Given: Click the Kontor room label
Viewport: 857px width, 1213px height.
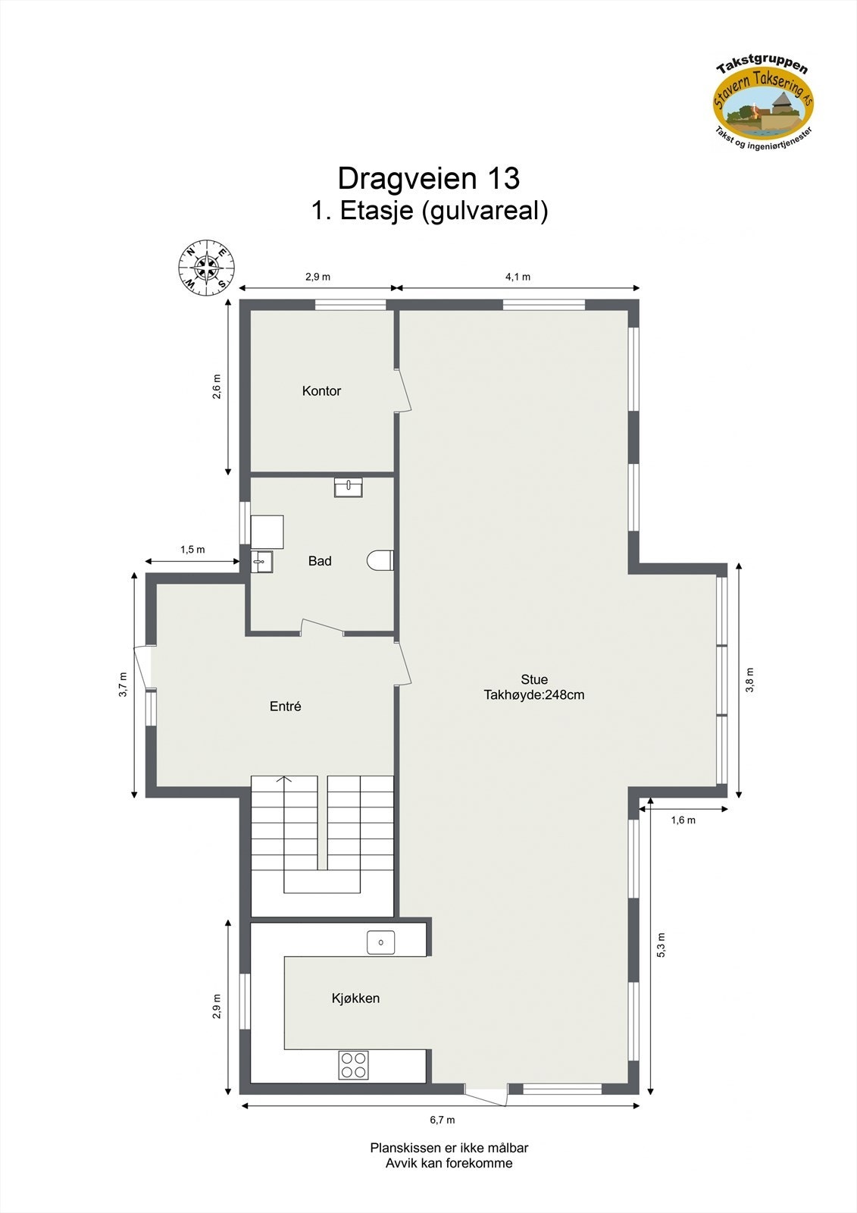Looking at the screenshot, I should (x=321, y=391).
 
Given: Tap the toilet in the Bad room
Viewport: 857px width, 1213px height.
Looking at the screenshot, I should (x=380, y=560).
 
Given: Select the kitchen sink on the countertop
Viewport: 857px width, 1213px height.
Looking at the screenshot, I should (x=380, y=942).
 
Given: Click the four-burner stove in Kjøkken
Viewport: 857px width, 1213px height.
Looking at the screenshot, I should (x=353, y=1064).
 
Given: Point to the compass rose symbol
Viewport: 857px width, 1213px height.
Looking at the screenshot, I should (x=206, y=268).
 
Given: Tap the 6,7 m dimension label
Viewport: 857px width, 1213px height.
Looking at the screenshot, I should (x=443, y=1120).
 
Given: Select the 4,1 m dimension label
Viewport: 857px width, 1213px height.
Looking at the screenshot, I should (x=518, y=277).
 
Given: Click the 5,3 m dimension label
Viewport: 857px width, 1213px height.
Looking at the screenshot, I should (x=661, y=945).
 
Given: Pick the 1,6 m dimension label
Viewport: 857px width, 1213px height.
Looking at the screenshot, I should (x=683, y=820).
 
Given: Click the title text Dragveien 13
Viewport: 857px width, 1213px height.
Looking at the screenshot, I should (x=428, y=178).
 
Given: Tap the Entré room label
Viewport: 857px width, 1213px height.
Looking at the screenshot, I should (x=286, y=707).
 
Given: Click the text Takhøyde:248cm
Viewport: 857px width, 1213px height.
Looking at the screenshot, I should (x=534, y=695).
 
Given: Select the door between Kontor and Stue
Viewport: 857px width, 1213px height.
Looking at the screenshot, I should (x=405, y=391).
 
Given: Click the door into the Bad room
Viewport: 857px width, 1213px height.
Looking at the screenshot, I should (x=323, y=626).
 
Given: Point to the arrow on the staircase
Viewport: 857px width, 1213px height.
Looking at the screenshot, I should (x=284, y=779).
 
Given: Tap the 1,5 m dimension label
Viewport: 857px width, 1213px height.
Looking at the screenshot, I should (x=192, y=550).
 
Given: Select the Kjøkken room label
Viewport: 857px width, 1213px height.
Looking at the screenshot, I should (x=355, y=998).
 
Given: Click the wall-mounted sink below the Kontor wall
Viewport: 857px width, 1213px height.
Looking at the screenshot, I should (x=349, y=487).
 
